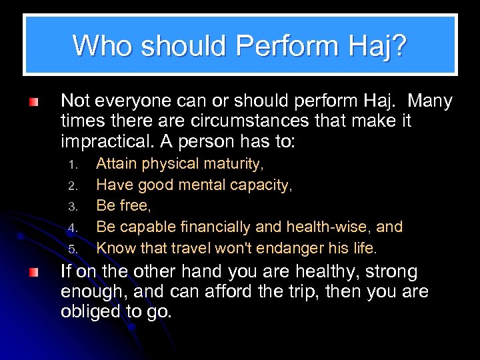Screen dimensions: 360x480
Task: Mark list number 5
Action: tap(75, 249)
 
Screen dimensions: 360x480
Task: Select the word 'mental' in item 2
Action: tap(201, 185)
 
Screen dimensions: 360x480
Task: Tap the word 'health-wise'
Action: tap(330, 227)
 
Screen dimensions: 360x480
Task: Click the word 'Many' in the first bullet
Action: tap(430, 101)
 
